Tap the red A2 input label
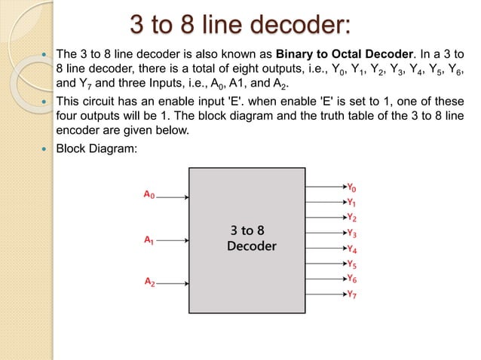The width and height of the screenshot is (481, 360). click(151, 282)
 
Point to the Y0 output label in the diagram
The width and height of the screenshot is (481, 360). click(352, 187)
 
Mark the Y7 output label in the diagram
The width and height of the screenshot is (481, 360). click(352, 294)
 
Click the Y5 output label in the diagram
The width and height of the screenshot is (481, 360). click(352, 264)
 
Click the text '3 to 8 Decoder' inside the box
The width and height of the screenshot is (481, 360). click(251, 238)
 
